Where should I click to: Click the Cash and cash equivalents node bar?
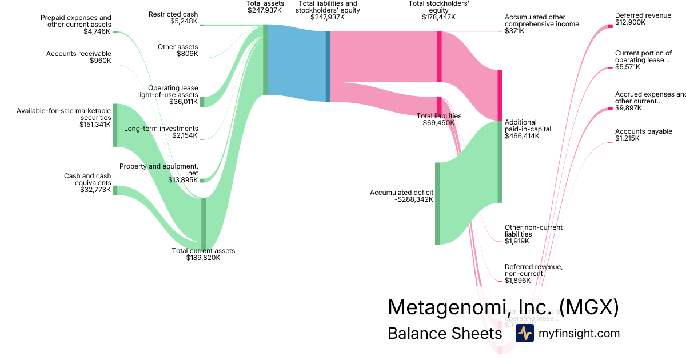(x=115, y=190)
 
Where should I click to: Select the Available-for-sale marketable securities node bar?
(x=115, y=125)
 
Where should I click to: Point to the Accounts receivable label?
(x=79, y=54)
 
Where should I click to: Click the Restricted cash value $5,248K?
(x=184, y=22)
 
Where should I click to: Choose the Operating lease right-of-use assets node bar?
(x=202, y=102)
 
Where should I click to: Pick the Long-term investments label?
(x=161, y=129)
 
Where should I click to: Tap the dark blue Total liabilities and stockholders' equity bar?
(x=328, y=66)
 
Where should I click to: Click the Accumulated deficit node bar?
(x=437, y=203)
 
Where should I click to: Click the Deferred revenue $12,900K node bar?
(x=610, y=26)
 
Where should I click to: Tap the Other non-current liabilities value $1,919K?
(x=517, y=241)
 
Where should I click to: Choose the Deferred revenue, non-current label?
(x=533, y=270)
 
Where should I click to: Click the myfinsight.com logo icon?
(x=524, y=333)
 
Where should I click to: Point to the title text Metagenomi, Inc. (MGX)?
(x=503, y=307)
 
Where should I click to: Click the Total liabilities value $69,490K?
(x=438, y=123)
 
